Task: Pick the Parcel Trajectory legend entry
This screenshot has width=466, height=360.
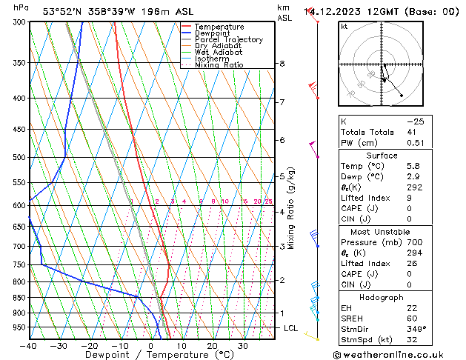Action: coord(228,40)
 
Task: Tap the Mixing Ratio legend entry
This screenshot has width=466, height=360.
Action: coord(219,65)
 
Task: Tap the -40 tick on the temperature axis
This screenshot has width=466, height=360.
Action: coord(30,346)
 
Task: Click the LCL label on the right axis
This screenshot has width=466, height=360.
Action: coord(290,327)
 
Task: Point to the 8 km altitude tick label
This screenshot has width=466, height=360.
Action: coord(282,64)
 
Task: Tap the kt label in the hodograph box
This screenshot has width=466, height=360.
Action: coord(344,27)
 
